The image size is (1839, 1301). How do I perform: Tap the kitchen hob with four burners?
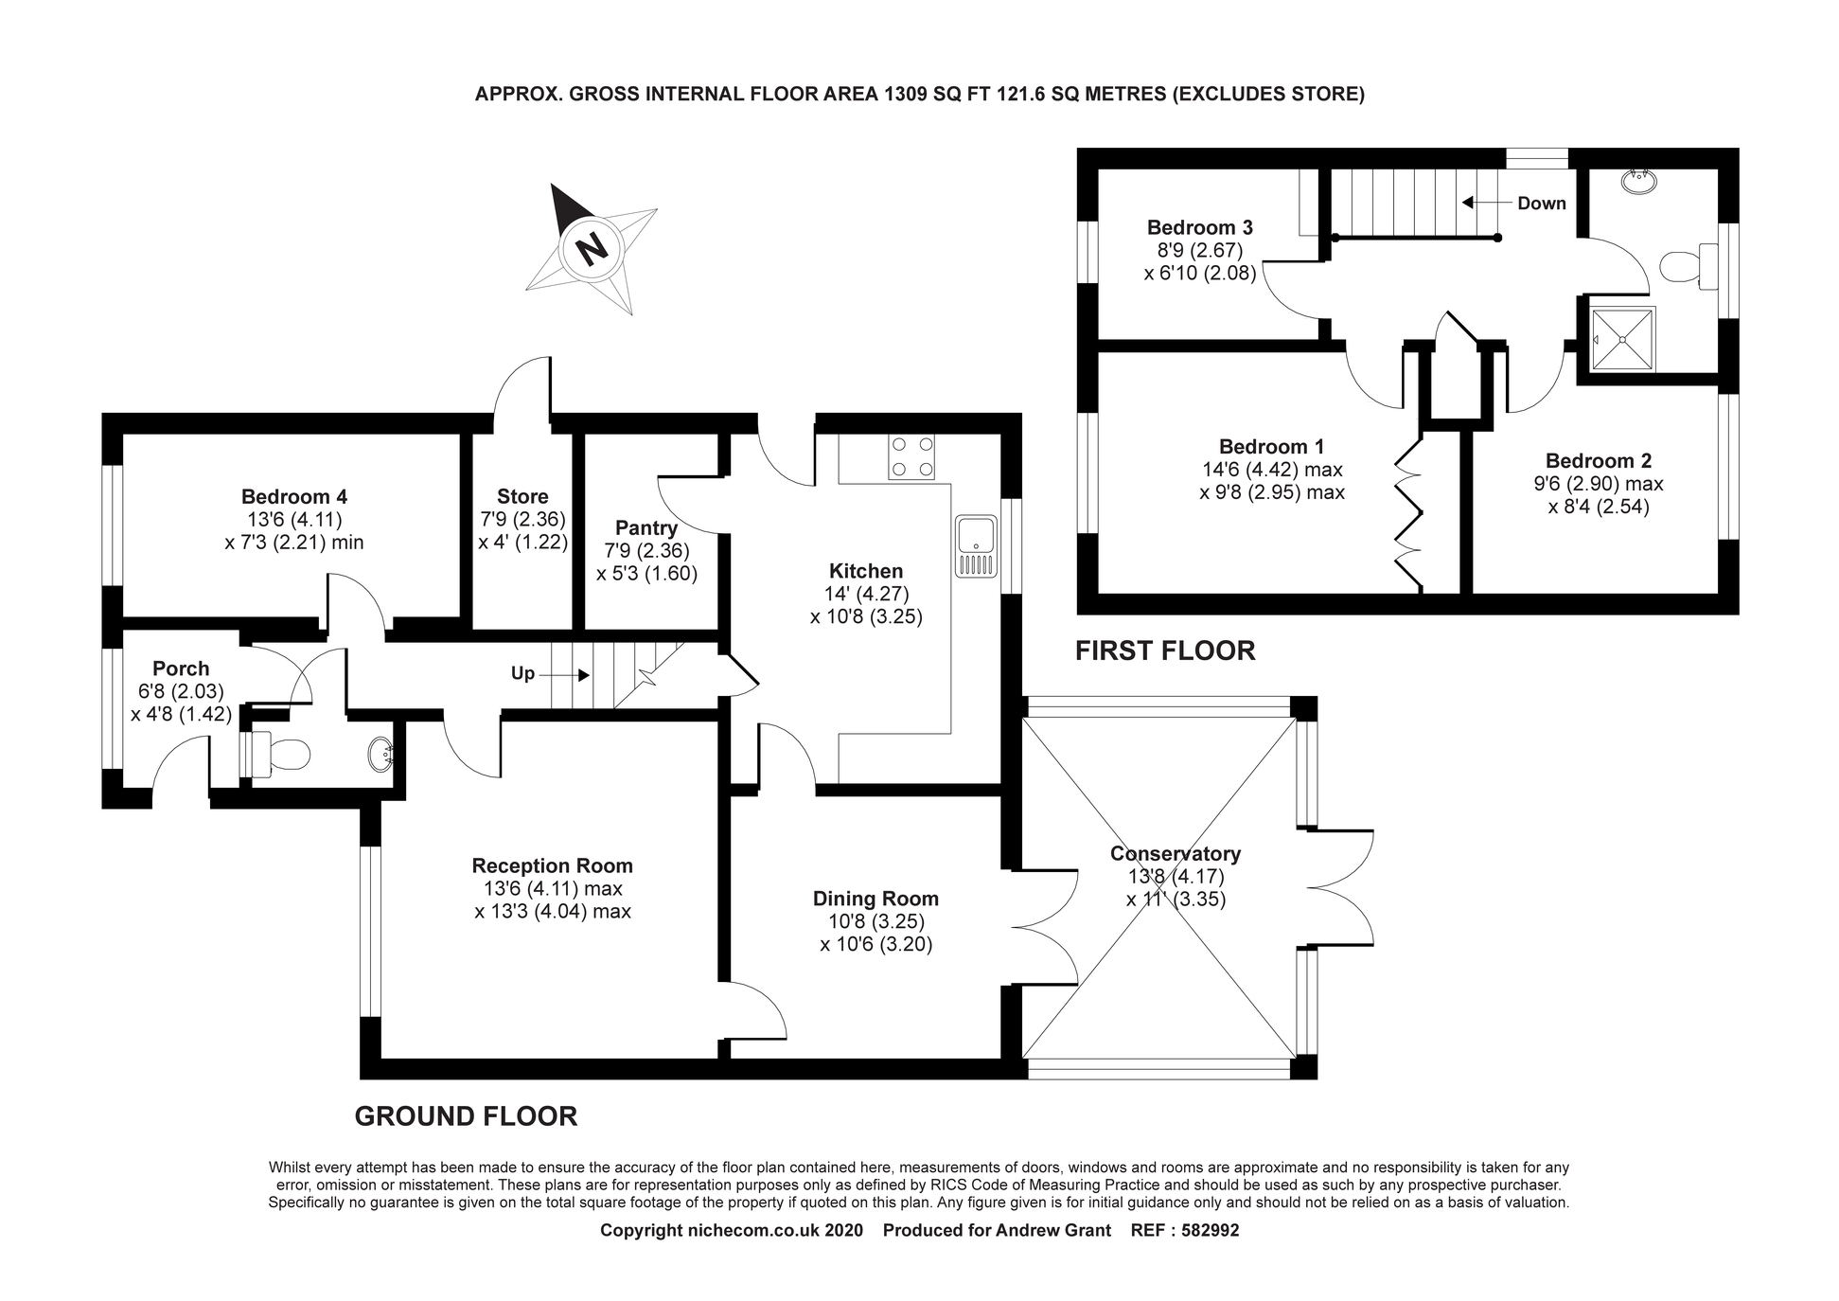[911, 456]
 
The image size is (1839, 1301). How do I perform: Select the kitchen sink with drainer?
[976, 545]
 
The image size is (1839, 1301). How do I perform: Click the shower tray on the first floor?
[1622, 339]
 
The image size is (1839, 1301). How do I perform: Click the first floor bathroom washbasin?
[1637, 181]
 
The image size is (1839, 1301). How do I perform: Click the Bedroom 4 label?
[294, 496]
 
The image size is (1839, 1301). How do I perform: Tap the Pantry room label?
[646, 527]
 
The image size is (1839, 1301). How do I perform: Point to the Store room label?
[522, 496]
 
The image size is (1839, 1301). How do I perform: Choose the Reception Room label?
[552, 865]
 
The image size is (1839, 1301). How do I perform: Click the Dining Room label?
[875, 899]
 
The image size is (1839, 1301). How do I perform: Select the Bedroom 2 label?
[1598, 461]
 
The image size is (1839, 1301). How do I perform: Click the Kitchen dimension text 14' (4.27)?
[866, 594]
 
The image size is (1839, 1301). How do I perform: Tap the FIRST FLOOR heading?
[1165, 650]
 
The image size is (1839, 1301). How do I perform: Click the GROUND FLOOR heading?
[466, 1116]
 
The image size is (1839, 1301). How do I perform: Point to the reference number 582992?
[1205, 1231]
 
